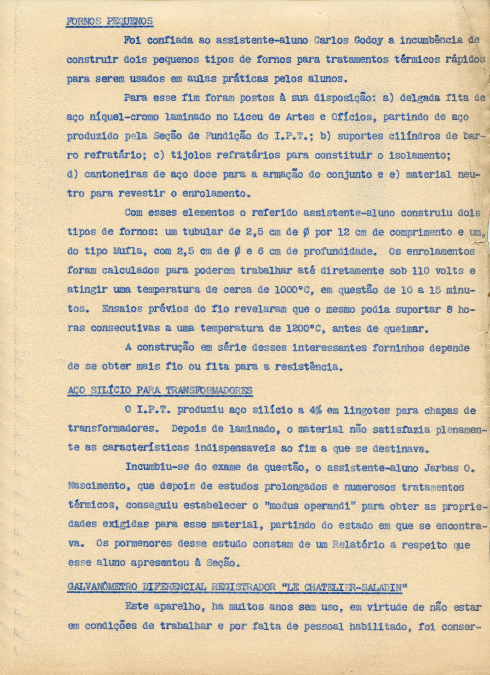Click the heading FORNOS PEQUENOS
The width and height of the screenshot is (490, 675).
109,21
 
